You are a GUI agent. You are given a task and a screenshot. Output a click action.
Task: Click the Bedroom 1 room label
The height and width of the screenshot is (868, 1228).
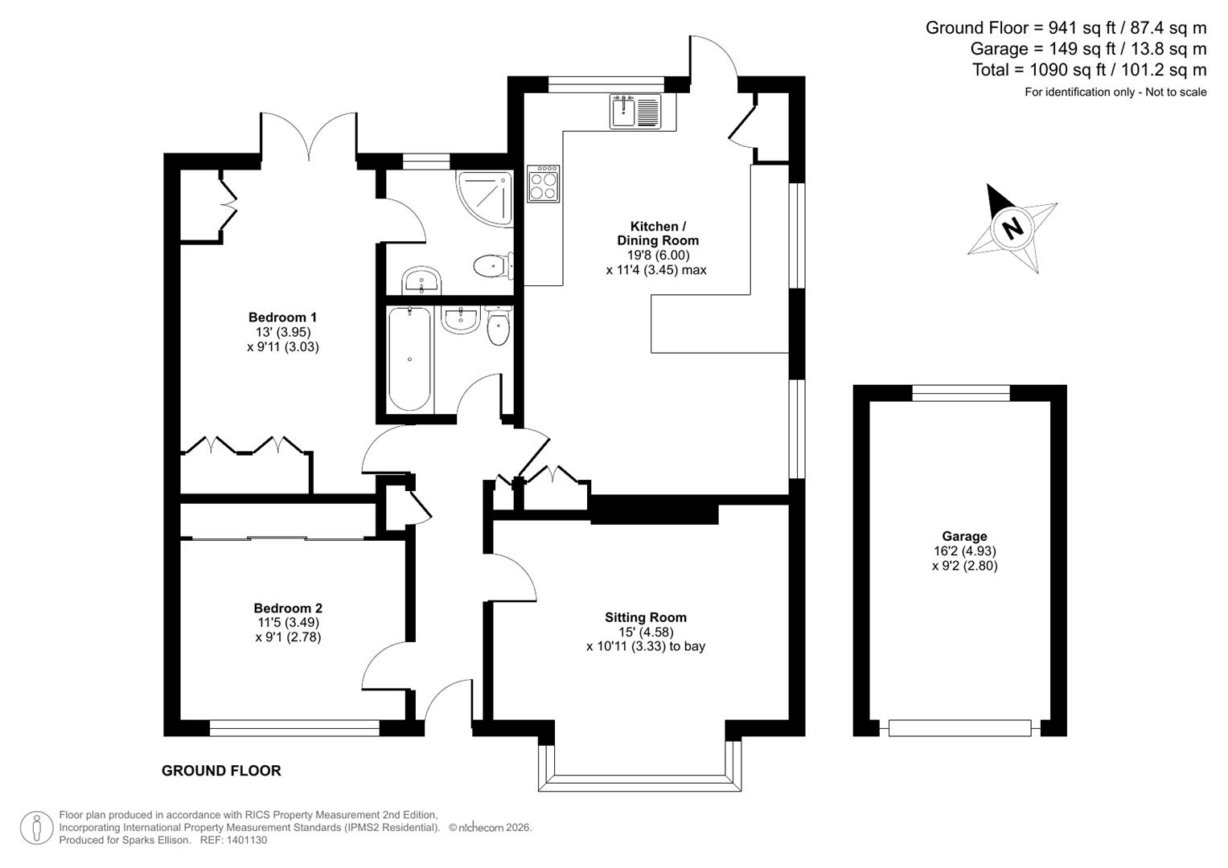[277, 317]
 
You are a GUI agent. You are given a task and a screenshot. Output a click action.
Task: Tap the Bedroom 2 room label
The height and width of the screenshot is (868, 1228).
[288, 608]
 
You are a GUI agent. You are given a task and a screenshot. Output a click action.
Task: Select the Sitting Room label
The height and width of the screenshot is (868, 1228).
[646, 617]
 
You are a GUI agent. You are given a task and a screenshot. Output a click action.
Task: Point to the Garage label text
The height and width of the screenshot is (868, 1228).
[964, 536]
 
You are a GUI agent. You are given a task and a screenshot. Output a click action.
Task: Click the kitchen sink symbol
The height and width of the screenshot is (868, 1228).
[635, 112]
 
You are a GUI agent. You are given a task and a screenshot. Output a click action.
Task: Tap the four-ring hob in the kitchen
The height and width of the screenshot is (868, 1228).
[544, 184]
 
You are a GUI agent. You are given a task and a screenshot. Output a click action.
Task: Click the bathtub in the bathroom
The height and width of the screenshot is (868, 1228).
[410, 358]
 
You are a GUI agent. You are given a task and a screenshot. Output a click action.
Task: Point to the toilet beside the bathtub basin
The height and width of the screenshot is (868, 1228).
[499, 327]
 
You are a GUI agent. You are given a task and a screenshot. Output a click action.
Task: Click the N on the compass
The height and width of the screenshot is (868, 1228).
[1012, 227]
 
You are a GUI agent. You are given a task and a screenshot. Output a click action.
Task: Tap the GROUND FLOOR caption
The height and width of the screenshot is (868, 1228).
[221, 771]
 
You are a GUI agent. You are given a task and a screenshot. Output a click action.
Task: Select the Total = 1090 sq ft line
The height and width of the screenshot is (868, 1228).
[1089, 70]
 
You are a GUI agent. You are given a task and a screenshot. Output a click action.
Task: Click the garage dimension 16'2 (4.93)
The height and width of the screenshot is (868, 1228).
[964, 551]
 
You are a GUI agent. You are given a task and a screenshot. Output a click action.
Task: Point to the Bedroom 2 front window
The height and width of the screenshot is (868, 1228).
[294, 729]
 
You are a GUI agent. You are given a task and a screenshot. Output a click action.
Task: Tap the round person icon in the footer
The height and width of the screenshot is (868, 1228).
[37, 828]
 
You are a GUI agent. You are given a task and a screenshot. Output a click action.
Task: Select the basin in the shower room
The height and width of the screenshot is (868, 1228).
[421, 280]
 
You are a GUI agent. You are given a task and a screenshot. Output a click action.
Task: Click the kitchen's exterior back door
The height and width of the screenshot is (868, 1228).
[714, 60]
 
